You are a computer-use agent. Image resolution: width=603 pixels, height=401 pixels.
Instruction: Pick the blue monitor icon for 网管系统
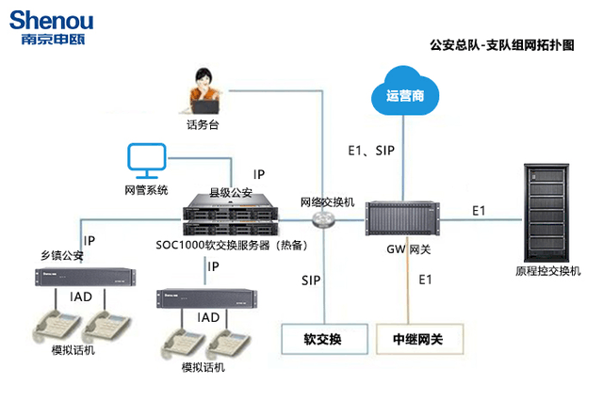(147, 161)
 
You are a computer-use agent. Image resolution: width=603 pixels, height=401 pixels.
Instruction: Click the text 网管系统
(146, 190)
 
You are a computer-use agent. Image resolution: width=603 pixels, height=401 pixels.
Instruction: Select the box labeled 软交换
(322, 338)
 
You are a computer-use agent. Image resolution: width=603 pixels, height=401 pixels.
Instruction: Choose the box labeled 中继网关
(416, 338)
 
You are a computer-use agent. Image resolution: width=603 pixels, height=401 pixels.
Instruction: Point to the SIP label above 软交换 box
(310, 281)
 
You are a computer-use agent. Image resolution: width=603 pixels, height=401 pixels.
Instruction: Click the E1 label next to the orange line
(425, 280)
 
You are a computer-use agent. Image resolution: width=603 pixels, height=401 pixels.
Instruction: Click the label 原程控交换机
(547, 271)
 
